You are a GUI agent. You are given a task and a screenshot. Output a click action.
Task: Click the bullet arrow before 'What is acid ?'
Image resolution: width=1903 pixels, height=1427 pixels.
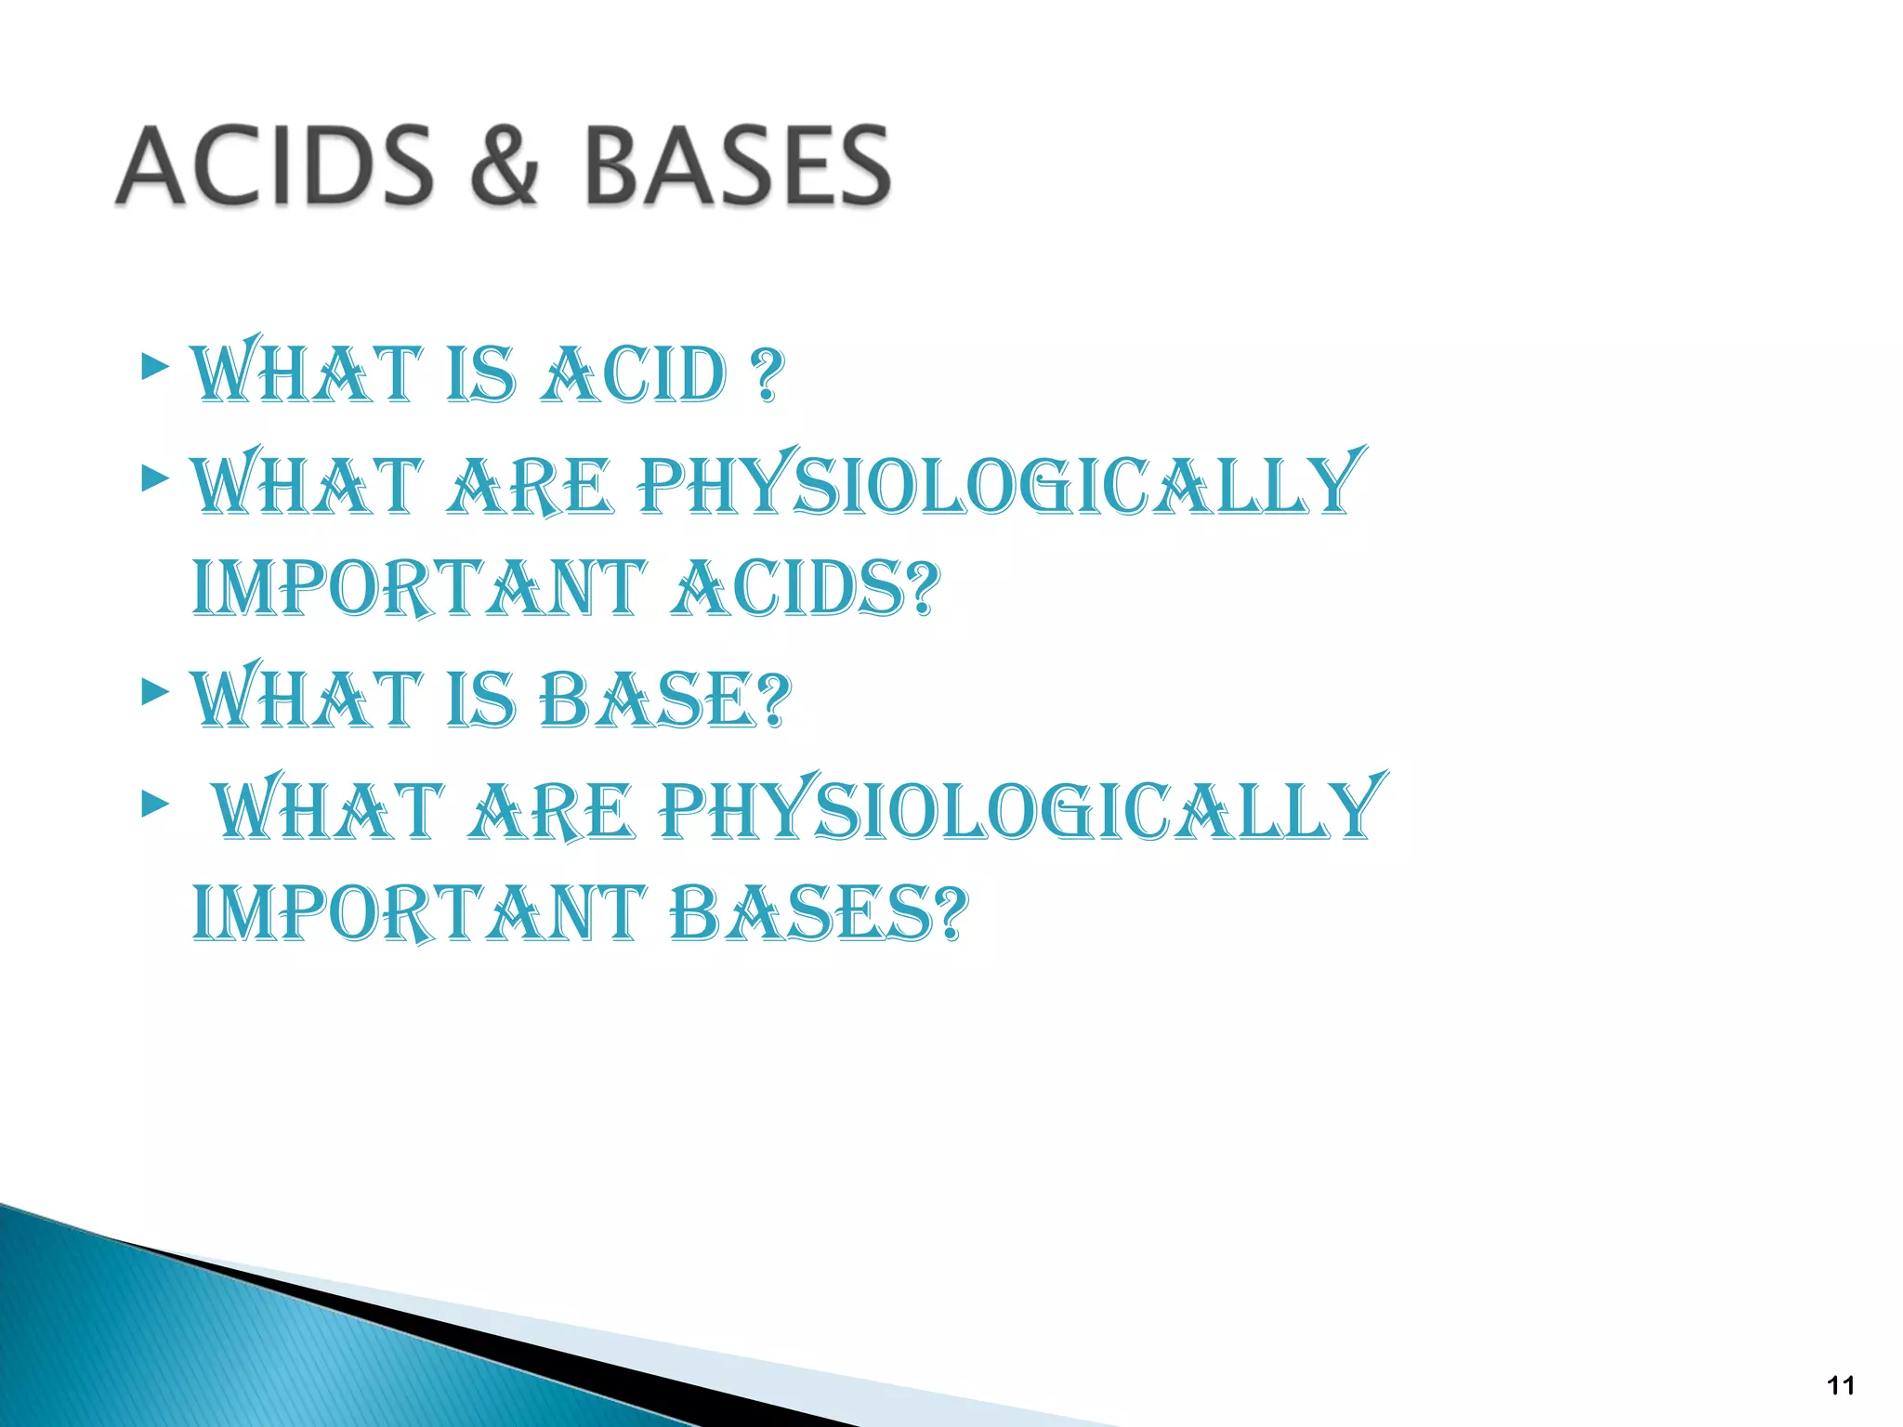(x=155, y=367)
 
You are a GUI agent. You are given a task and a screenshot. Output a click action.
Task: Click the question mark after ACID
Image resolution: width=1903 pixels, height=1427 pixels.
(x=768, y=375)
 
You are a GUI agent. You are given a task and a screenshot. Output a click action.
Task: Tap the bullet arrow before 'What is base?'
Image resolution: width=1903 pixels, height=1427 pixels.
(x=155, y=692)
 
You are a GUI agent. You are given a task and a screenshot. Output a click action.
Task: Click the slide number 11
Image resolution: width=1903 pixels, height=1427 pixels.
(x=1841, y=1385)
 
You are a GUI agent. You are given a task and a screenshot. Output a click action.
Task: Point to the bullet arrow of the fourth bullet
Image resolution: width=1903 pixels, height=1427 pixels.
(x=155, y=804)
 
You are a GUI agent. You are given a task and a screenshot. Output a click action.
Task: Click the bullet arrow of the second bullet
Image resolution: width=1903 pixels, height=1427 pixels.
(x=155, y=478)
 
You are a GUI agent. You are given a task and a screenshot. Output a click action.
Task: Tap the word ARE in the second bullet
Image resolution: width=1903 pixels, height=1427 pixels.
(x=530, y=487)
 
